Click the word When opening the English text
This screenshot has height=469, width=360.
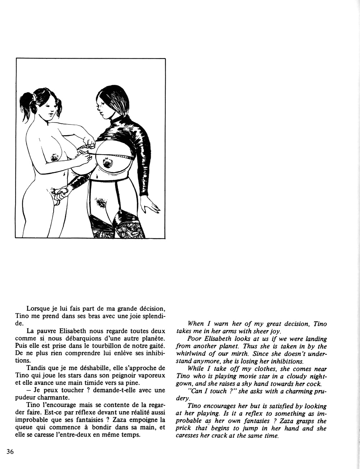point(196,324)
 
